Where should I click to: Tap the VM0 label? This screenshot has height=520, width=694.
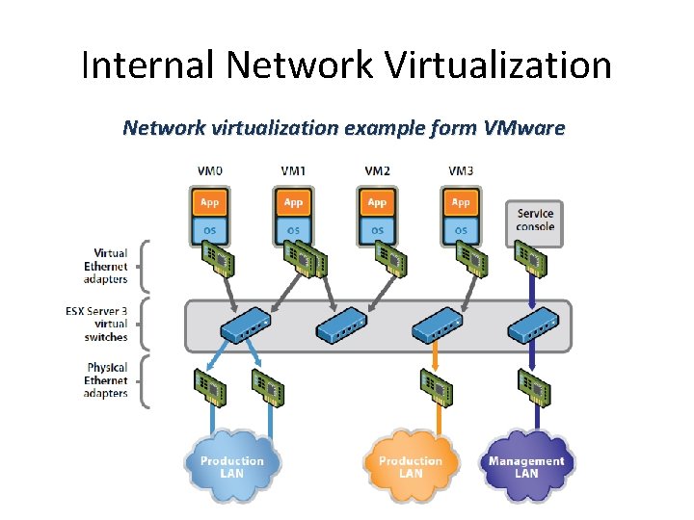point(210,171)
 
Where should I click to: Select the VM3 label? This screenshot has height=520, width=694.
point(461,171)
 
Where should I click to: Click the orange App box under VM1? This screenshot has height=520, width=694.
point(294,202)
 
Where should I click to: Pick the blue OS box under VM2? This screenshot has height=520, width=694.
point(377,230)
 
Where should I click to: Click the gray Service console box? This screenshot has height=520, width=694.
point(535,221)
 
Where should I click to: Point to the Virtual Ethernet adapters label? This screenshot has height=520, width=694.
point(105,267)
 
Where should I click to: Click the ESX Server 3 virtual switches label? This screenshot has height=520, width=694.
point(105,325)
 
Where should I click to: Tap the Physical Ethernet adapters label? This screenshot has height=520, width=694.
point(105,380)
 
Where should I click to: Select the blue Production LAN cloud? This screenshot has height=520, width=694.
point(231,467)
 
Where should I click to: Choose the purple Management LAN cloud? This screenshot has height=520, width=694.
point(526,467)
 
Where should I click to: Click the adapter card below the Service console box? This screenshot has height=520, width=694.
point(531,258)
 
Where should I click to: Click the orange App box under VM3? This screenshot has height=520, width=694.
point(461,202)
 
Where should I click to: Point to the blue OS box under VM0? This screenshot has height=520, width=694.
point(210,230)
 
